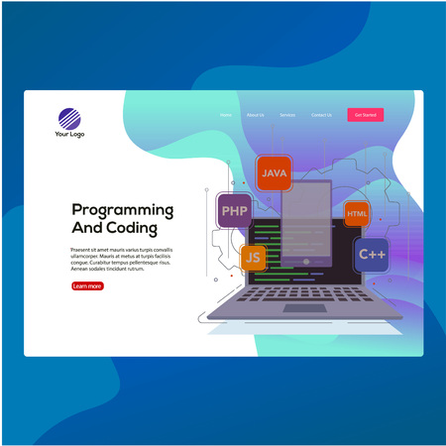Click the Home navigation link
(x=226, y=115)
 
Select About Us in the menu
(x=255, y=115)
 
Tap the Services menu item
(x=287, y=115)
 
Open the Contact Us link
(x=321, y=115)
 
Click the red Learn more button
(x=87, y=285)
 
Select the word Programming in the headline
(x=123, y=210)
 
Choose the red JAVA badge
(x=273, y=173)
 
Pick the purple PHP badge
(x=235, y=210)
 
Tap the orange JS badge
(x=254, y=258)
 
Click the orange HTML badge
(x=357, y=214)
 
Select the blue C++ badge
(x=372, y=255)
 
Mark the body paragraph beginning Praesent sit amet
(x=121, y=259)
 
